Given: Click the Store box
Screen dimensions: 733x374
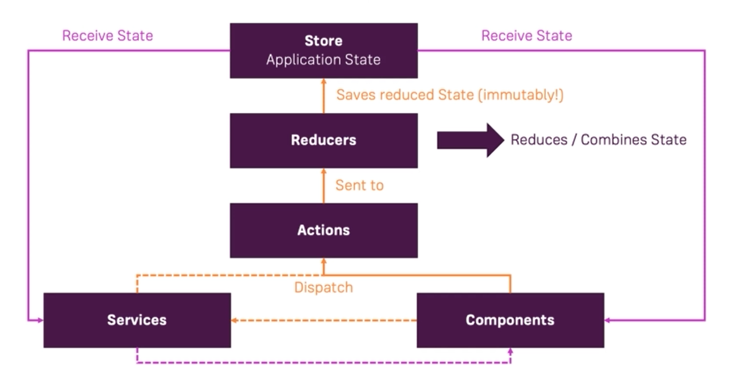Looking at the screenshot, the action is pos(324,50).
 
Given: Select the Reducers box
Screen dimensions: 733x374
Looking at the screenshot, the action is pos(324,141).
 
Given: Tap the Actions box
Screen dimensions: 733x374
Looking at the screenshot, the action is pos(324,231).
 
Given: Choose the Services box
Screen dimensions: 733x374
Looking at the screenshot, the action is pos(137,320).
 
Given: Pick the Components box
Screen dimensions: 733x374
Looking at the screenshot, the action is pos(511,320).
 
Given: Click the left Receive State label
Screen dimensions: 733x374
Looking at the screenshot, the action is pos(108,36).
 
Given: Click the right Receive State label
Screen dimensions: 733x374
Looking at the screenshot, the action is pos(527,36).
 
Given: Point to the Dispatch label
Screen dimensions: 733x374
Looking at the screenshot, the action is pos(324,288).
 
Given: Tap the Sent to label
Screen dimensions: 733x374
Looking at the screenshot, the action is pos(360,185).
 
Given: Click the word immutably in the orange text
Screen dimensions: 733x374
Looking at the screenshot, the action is pos(520,95).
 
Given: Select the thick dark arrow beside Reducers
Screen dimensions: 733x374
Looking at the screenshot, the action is pos(471,140).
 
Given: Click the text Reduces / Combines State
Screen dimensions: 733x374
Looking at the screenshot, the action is pos(599,140).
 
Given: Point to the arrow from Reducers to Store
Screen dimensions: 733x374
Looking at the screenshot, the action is pos(324,96).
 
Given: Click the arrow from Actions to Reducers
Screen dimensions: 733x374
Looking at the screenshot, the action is pos(324,186).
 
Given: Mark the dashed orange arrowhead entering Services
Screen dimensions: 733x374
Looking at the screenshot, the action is pos(234,320).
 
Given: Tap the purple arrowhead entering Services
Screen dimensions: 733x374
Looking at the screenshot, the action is pos(41,320).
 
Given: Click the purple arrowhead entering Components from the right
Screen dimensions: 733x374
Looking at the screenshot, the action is pos(607,320).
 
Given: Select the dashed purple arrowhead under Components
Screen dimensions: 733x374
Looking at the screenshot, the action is pos(511,351).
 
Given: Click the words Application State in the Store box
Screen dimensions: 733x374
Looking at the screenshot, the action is pos(323,59).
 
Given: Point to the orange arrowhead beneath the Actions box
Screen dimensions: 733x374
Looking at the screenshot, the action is pos(324,261).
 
